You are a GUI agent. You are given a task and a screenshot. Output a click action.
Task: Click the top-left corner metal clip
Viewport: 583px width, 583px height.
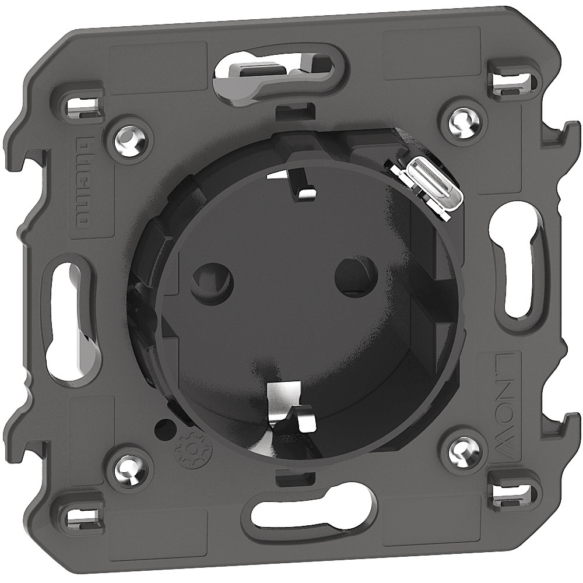[81, 105]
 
